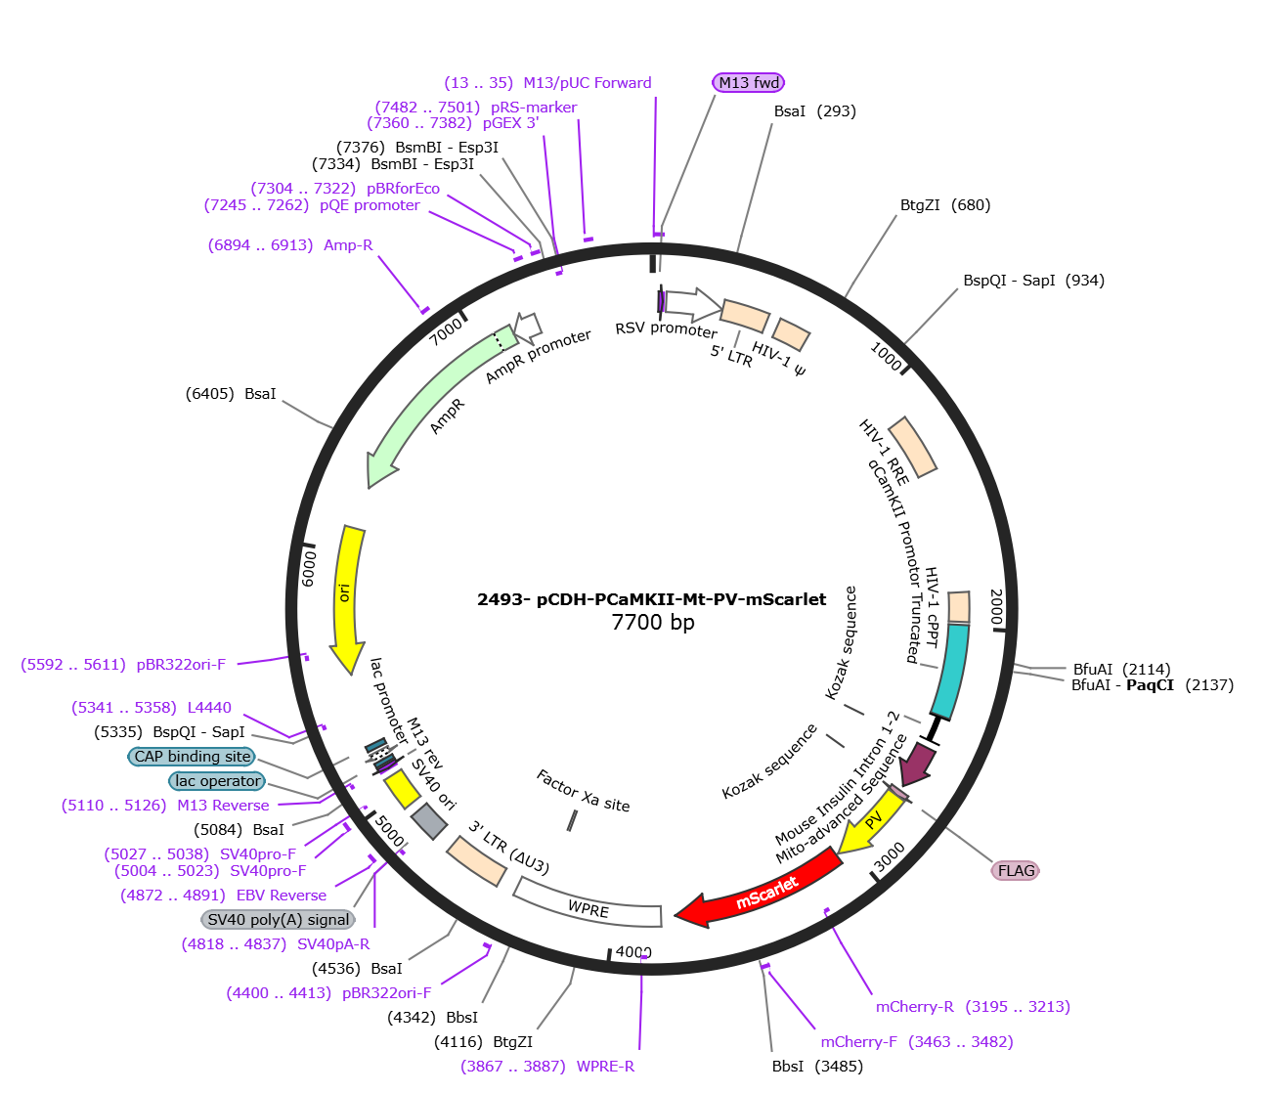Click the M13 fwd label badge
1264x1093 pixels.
click(x=749, y=82)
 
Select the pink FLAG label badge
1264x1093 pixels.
click(x=1016, y=870)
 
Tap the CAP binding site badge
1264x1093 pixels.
click(x=192, y=757)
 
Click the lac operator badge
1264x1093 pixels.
click(x=217, y=781)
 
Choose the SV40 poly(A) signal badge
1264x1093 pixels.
click(x=279, y=919)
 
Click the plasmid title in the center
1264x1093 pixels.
click(x=651, y=599)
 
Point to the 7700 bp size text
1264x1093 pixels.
click(x=652, y=623)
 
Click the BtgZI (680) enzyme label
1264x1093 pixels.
click(x=945, y=205)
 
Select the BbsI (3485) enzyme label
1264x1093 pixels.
click(x=817, y=1066)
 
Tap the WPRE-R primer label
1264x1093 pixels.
click(x=605, y=1066)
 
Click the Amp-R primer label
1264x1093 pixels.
click(x=348, y=245)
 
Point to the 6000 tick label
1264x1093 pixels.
click(x=309, y=568)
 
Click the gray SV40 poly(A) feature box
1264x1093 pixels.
click(x=429, y=821)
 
